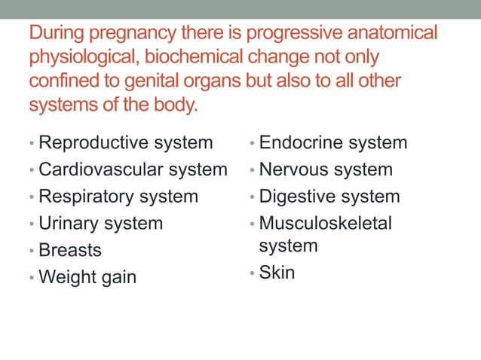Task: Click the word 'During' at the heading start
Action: (54, 35)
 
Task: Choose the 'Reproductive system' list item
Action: (126, 142)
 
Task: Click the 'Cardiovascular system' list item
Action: (133, 169)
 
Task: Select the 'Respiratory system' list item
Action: (118, 197)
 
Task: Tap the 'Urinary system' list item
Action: (100, 224)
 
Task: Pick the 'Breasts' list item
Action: (69, 250)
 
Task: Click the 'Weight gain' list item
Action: (87, 277)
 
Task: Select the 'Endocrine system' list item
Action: (333, 142)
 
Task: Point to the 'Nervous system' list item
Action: (326, 169)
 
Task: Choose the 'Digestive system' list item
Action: (329, 197)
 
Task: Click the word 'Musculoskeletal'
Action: (325, 224)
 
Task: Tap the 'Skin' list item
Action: (277, 273)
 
